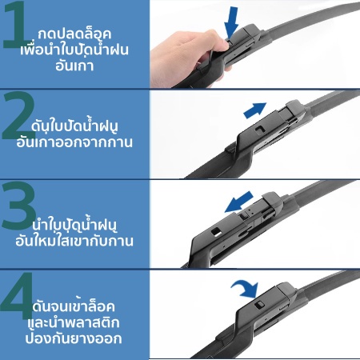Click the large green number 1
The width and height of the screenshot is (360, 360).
(x=17, y=26)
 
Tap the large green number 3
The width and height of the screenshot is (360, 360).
(x=18, y=206)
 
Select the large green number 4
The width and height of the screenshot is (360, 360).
(x=17, y=294)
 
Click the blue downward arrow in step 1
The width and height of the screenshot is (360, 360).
(x=231, y=22)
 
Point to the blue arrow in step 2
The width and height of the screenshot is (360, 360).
(x=255, y=110)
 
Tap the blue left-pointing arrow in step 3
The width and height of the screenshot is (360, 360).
(x=238, y=202)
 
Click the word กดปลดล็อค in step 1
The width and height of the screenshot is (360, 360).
(x=74, y=34)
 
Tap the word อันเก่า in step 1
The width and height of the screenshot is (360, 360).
(x=74, y=66)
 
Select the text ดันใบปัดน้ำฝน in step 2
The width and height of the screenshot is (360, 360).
(x=74, y=126)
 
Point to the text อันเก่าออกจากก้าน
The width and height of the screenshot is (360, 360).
(x=74, y=142)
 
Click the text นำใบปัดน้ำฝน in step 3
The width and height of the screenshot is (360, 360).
(x=74, y=225)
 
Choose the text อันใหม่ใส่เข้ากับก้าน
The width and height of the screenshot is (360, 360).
(x=74, y=241)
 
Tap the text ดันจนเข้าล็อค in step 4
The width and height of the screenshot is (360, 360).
(x=74, y=306)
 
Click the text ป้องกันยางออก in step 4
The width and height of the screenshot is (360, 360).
(x=74, y=338)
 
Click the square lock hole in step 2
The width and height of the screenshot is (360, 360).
(x=260, y=130)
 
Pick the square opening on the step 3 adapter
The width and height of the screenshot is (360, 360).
(x=216, y=231)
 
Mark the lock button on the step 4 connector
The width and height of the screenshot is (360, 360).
(x=259, y=305)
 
